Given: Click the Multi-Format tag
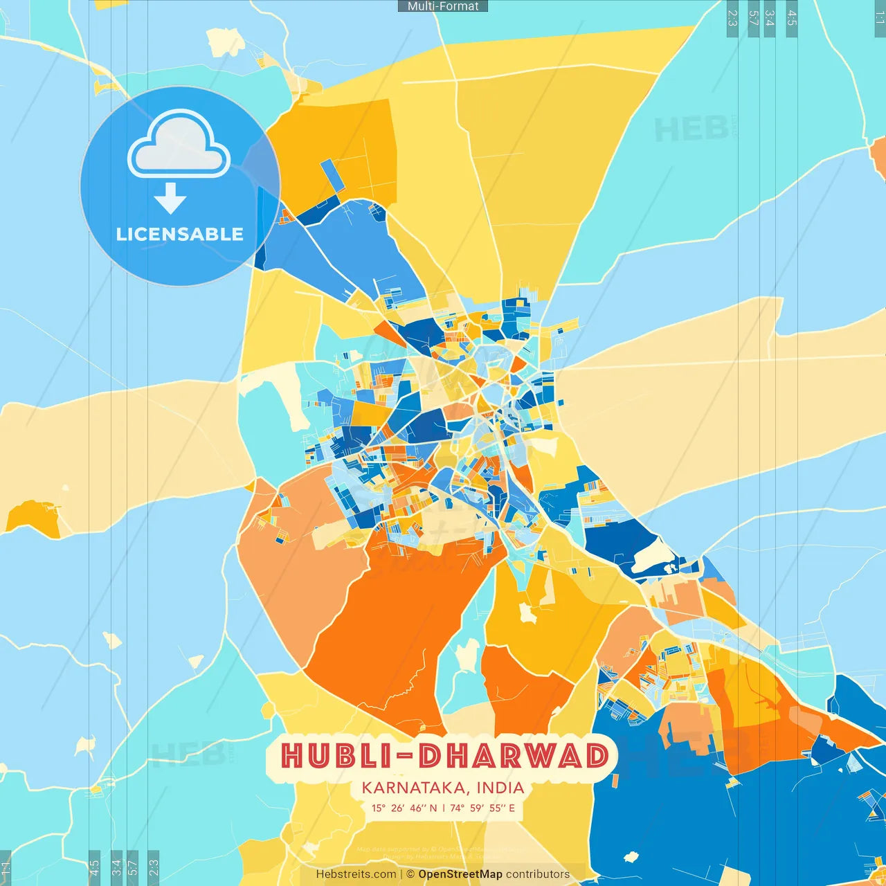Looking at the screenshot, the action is [x=443, y=6].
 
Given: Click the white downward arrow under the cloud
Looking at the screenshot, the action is [x=170, y=198].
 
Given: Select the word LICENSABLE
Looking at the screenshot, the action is [x=180, y=235].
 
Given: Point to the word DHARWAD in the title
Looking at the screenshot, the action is [x=514, y=756].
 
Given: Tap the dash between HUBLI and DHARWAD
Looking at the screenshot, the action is [x=406, y=757].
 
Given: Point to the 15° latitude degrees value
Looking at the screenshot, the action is [x=379, y=808].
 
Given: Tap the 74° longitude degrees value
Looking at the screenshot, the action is [x=457, y=808].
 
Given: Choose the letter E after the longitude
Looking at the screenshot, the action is [x=512, y=808].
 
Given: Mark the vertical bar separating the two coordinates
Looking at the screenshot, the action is [x=443, y=808].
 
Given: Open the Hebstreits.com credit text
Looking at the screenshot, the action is [x=356, y=874].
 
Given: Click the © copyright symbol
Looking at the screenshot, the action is [x=410, y=874].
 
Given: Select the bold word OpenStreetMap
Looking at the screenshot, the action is [x=460, y=874].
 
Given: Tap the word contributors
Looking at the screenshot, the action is [x=538, y=874].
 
